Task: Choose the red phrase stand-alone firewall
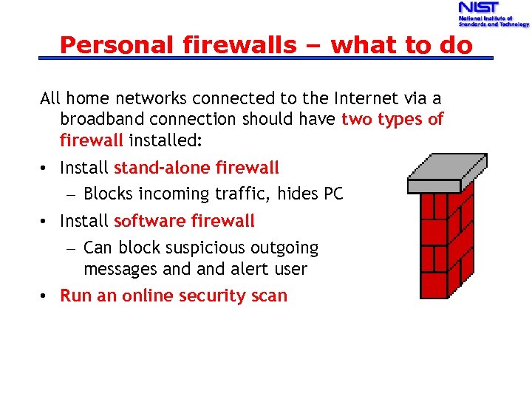tap(197, 168)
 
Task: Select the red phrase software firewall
tap(184, 220)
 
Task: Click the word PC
tap(333, 194)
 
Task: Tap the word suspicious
tap(177, 248)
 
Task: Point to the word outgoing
tap(282, 248)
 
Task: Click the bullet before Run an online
tap(45, 296)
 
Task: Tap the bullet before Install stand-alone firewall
tap(45, 168)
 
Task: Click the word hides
tap(298, 194)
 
